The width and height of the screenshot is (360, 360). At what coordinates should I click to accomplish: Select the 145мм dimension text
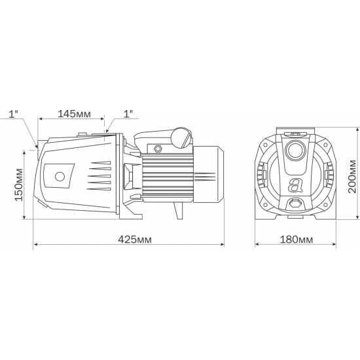pyautogui.click(x=74, y=114)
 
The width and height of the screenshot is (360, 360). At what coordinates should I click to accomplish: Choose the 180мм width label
pyautogui.click(x=296, y=240)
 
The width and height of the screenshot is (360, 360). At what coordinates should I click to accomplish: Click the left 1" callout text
pyautogui.click(x=14, y=114)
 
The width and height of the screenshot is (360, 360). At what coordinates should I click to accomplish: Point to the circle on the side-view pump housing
pyautogui.click(x=60, y=177)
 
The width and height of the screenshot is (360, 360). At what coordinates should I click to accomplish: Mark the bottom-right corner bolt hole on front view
pyautogui.click(x=327, y=207)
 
